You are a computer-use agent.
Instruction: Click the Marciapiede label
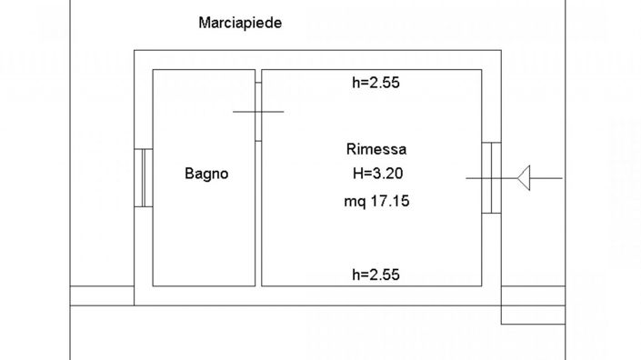tap(239, 24)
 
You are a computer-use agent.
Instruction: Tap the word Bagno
tap(206, 174)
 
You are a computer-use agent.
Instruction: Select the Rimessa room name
tap(376, 149)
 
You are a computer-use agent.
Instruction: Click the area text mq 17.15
tap(376, 202)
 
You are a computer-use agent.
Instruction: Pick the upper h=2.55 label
tap(376, 83)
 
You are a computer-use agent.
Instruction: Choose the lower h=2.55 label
tap(376, 274)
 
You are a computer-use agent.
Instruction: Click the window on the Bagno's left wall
tap(143, 177)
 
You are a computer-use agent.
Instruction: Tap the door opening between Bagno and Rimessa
tap(258, 112)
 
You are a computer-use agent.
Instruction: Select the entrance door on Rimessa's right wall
tap(491, 177)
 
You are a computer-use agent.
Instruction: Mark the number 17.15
tap(389, 202)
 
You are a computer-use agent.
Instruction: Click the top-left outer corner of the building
tap(135, 52)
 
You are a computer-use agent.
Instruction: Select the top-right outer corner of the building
tap(501, 52)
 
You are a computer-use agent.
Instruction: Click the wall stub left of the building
tap(102, 295)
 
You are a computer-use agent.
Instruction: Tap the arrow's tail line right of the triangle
tap(547, 177)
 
